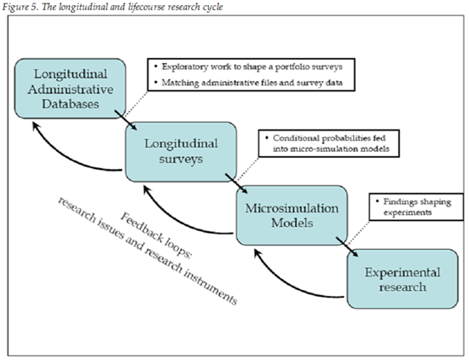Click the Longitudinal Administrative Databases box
[x=70, y=89]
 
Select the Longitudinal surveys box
[x=181, y=152]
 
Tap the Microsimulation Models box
[x=292, y=216]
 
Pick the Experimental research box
[x=402, y=279]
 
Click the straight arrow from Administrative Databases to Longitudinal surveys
[x=125, y=120]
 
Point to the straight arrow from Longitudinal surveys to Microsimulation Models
[x=236, y=183]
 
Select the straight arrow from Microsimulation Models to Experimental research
[x=347, y=247]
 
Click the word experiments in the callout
[x=408, y=212]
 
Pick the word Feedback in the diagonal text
[x=142, y=228]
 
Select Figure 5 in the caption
[x=20, y=7]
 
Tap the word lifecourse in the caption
[x=147, y=7]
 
